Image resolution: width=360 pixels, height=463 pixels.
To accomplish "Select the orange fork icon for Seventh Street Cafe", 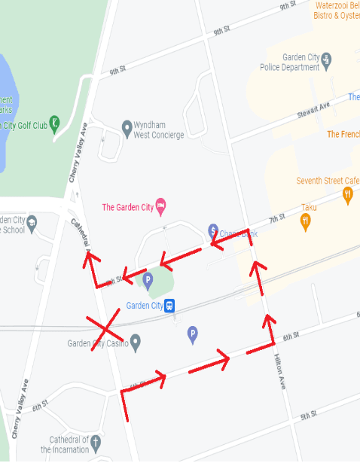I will point(347,196).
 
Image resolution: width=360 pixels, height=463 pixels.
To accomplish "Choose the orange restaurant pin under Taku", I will point(305,221).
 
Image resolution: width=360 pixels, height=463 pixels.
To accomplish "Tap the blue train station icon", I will point(171,306).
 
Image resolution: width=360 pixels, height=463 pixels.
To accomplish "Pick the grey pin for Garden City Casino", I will point(136,343).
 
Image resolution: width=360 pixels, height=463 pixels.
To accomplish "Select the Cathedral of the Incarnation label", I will point(69,444).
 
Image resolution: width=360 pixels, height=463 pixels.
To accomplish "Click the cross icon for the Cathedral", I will point(96,440).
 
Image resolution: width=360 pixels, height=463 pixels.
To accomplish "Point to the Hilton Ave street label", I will point(281,370).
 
